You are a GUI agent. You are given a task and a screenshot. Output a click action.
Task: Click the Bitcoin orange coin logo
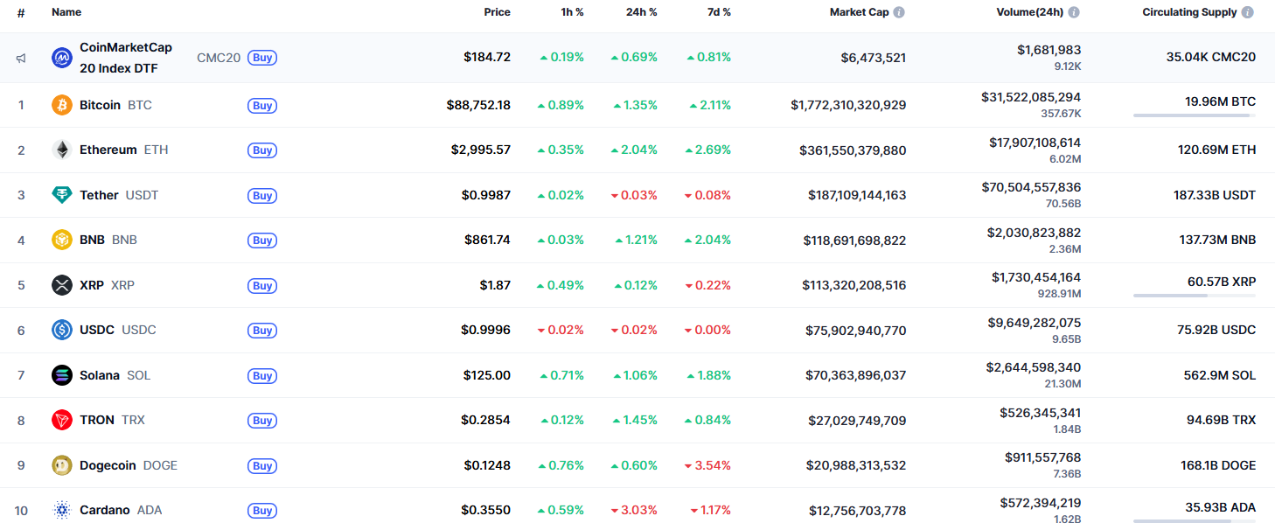coord(62,105)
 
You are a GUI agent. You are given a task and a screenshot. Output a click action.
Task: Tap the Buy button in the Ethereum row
coord(262,150)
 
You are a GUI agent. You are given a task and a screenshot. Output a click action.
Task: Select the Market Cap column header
coord(859,12)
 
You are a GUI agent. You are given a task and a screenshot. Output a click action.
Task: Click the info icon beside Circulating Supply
coord(1248,12)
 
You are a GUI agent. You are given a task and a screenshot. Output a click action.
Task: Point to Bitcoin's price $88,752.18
coord(478,105)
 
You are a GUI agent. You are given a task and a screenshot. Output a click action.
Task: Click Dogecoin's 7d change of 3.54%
coord(707,465)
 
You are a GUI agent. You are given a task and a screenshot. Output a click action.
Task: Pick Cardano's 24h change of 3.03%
coord(634,510)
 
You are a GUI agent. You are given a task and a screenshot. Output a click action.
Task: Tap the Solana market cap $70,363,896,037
coord(855,375)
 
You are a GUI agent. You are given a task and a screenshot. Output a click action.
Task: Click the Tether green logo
coord(62,195)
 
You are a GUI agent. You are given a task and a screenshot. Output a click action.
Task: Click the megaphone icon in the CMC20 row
coord(21,58)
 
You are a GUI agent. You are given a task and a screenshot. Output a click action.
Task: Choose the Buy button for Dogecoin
coord(262,466)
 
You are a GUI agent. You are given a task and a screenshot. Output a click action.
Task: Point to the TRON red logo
coord(62,420)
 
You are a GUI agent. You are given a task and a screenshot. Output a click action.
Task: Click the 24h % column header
coord(641,12)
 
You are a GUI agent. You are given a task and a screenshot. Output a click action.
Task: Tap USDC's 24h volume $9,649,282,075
coord(1034,322)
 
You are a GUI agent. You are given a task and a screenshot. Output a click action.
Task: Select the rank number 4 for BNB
coord(21,240)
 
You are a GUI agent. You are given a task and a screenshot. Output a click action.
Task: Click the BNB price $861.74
coord(487,240)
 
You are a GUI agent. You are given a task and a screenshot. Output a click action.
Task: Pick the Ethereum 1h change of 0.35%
coord(561,150)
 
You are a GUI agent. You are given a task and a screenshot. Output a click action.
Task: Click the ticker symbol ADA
coord(150,510)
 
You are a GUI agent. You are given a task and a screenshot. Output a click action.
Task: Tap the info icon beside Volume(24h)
coord(1074,12)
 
